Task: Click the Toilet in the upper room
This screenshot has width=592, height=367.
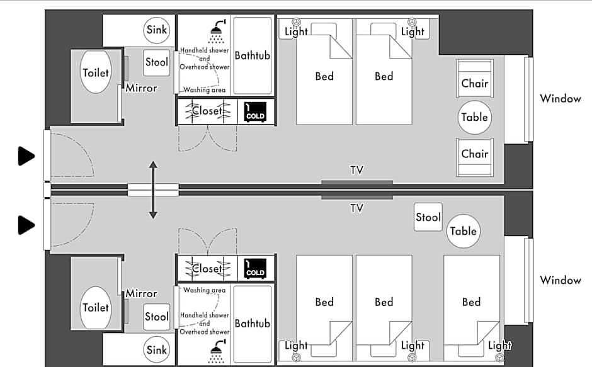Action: [x=96, y=72]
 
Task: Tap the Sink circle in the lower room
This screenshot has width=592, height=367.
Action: [x=157, y=349]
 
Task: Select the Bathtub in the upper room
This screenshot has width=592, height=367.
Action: [x=252, y=55]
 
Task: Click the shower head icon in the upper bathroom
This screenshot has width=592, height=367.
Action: [x=218, y=31]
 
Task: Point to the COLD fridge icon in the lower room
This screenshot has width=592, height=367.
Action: [x=255, y=268]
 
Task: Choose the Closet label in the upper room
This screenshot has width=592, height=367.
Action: [x=207, y=111]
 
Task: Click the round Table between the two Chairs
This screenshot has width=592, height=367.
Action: [x=475, y=118]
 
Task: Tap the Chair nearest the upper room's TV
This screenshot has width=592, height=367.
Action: [x=475, y=157]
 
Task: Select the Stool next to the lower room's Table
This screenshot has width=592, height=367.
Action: [x=428, y=217]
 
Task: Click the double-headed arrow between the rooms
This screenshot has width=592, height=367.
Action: [x=153, y=190]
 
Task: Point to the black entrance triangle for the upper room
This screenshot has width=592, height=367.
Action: [x=26, y=156]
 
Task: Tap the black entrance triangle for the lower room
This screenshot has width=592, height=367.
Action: [x=26, y=225]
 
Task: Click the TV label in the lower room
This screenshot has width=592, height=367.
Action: [x=356, y=208]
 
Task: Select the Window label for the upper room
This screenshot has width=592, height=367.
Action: [x=561, y=99]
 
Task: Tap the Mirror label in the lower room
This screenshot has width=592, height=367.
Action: [x=141, y=293]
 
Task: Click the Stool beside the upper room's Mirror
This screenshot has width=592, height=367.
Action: [x=157, y=62]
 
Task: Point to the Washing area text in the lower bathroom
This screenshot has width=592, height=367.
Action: [x=204, y=290]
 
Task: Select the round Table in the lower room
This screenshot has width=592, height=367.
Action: [x=464, y=231]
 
